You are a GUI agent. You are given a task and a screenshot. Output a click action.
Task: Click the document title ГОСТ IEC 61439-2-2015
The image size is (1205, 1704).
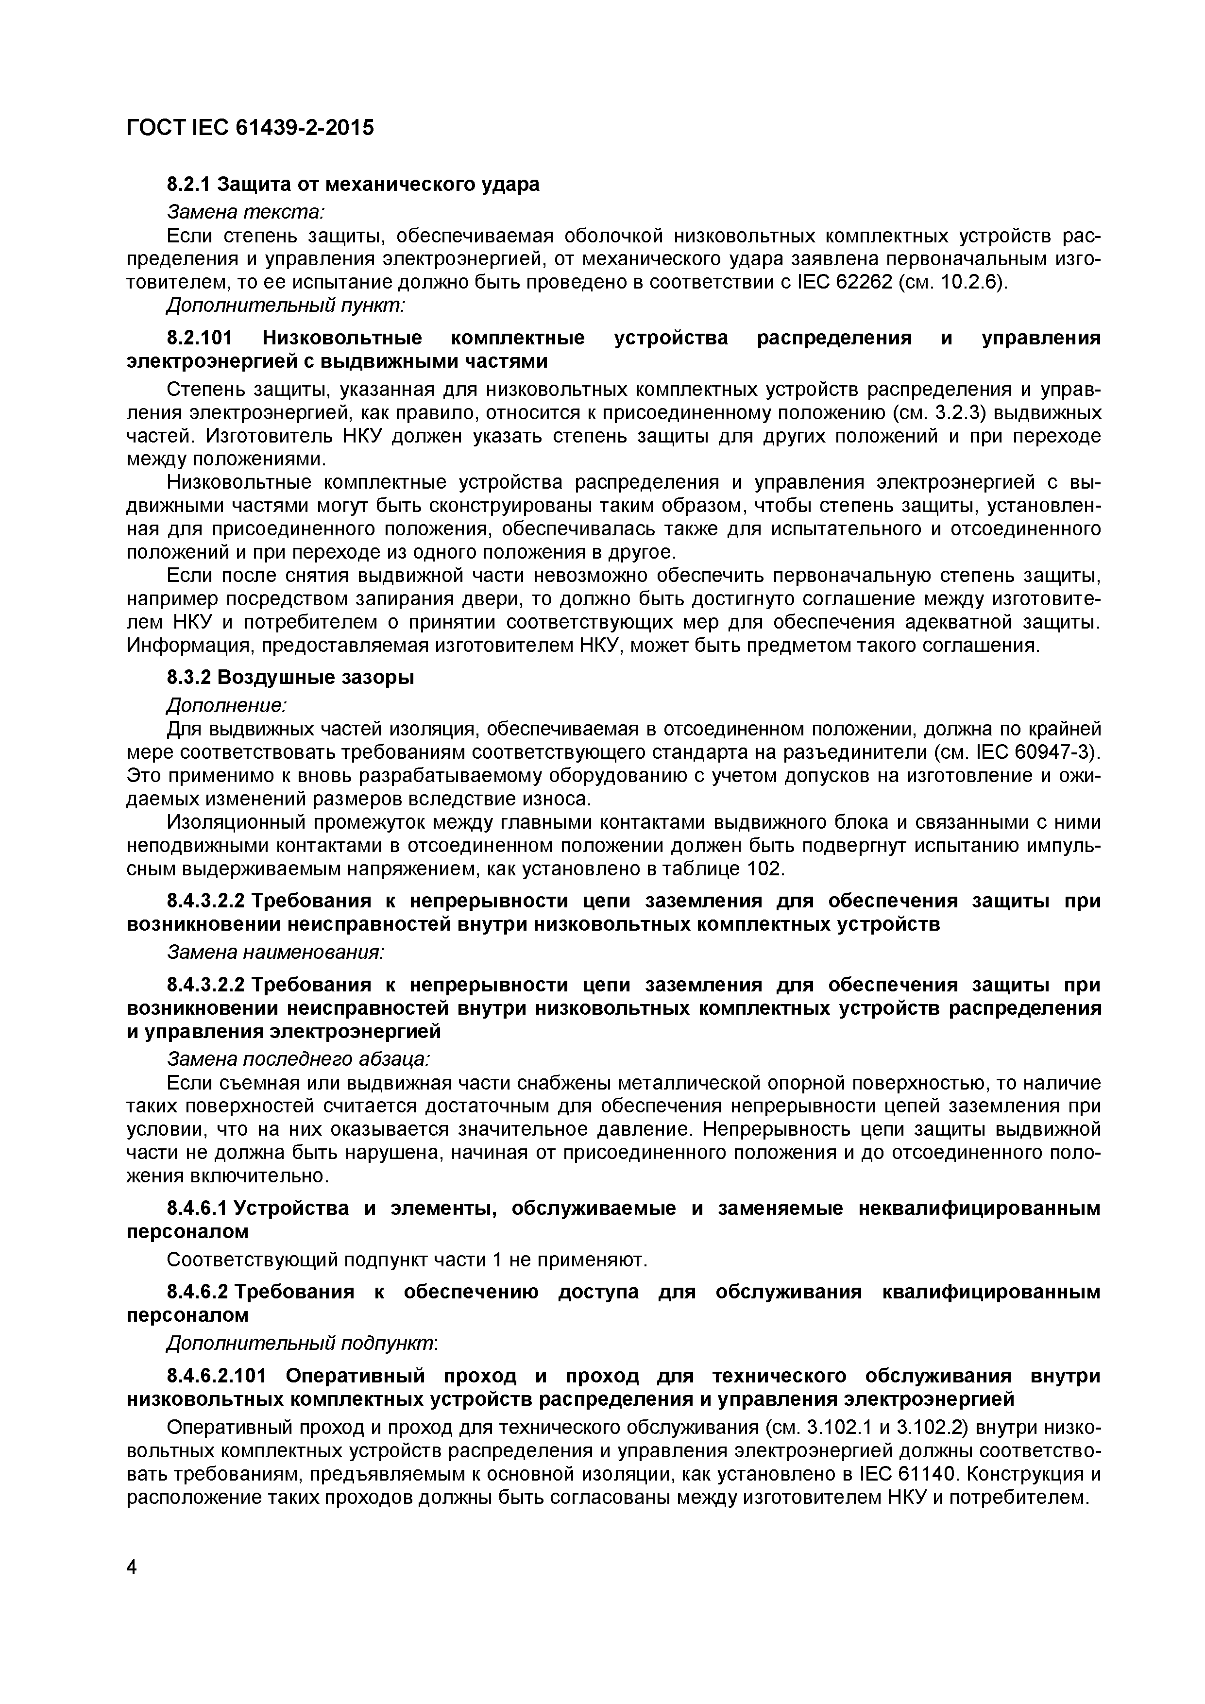click(250, 128)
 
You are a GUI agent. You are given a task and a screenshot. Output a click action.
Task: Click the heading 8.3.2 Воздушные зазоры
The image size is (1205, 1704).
click(290, 678)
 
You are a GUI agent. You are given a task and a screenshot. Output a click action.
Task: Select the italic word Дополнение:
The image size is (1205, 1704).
click(227, 704)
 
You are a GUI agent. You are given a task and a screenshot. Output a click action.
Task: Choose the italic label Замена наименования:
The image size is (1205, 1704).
click(275, 952)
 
